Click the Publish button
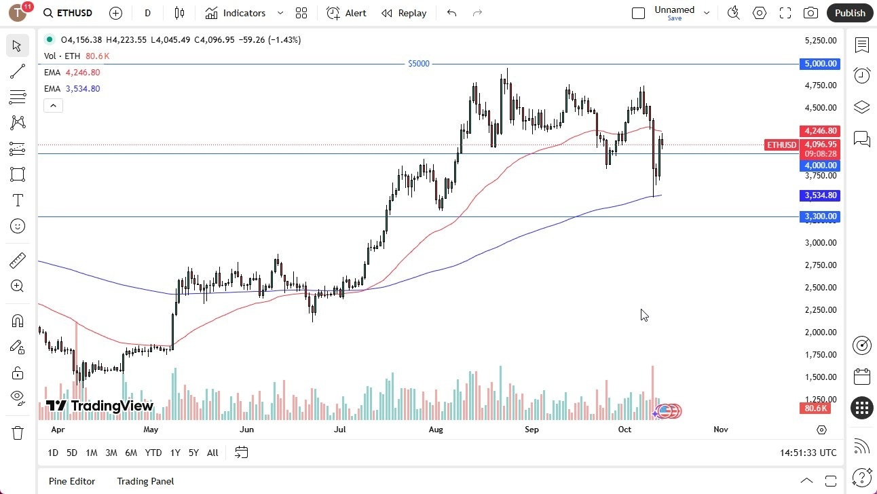point(850,13)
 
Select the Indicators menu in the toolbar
point(244,13)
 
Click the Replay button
point(404,13)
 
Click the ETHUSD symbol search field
point(75,13)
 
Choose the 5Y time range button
point(193,453)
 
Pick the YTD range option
point(153,453)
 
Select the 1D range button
point(53,453)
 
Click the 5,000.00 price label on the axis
point(821,64)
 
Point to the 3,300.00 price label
point(821,216)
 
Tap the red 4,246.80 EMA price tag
point(821,131)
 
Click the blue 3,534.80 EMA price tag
point(821,195)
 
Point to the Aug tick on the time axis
point(436,430)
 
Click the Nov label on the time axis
point(721,430)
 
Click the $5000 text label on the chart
point(419,64)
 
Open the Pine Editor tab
point(72,481)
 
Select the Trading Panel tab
point(145,481)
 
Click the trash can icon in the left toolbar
point(18,432)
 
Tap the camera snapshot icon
point(810,13)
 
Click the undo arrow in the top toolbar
point(452,13)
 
